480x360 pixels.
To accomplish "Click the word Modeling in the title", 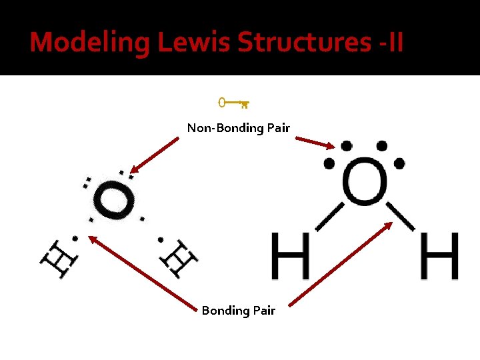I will coord(90,42).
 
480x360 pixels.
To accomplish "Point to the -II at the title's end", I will coord(389,42).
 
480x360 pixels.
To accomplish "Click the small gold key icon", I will coord(233,103).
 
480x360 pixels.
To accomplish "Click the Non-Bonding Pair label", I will coord(238,127).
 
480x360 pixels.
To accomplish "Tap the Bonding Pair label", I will coord(238,311).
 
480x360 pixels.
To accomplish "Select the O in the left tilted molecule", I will coord(115,200).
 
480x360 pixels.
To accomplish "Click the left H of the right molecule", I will coord(291,255).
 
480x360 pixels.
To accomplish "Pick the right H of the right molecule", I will coord(441,255).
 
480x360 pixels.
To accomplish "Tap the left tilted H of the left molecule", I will coord(58,257).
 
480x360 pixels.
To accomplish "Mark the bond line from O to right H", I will coord(401,215).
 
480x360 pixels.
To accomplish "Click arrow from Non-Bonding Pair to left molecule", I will coord(155,155).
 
